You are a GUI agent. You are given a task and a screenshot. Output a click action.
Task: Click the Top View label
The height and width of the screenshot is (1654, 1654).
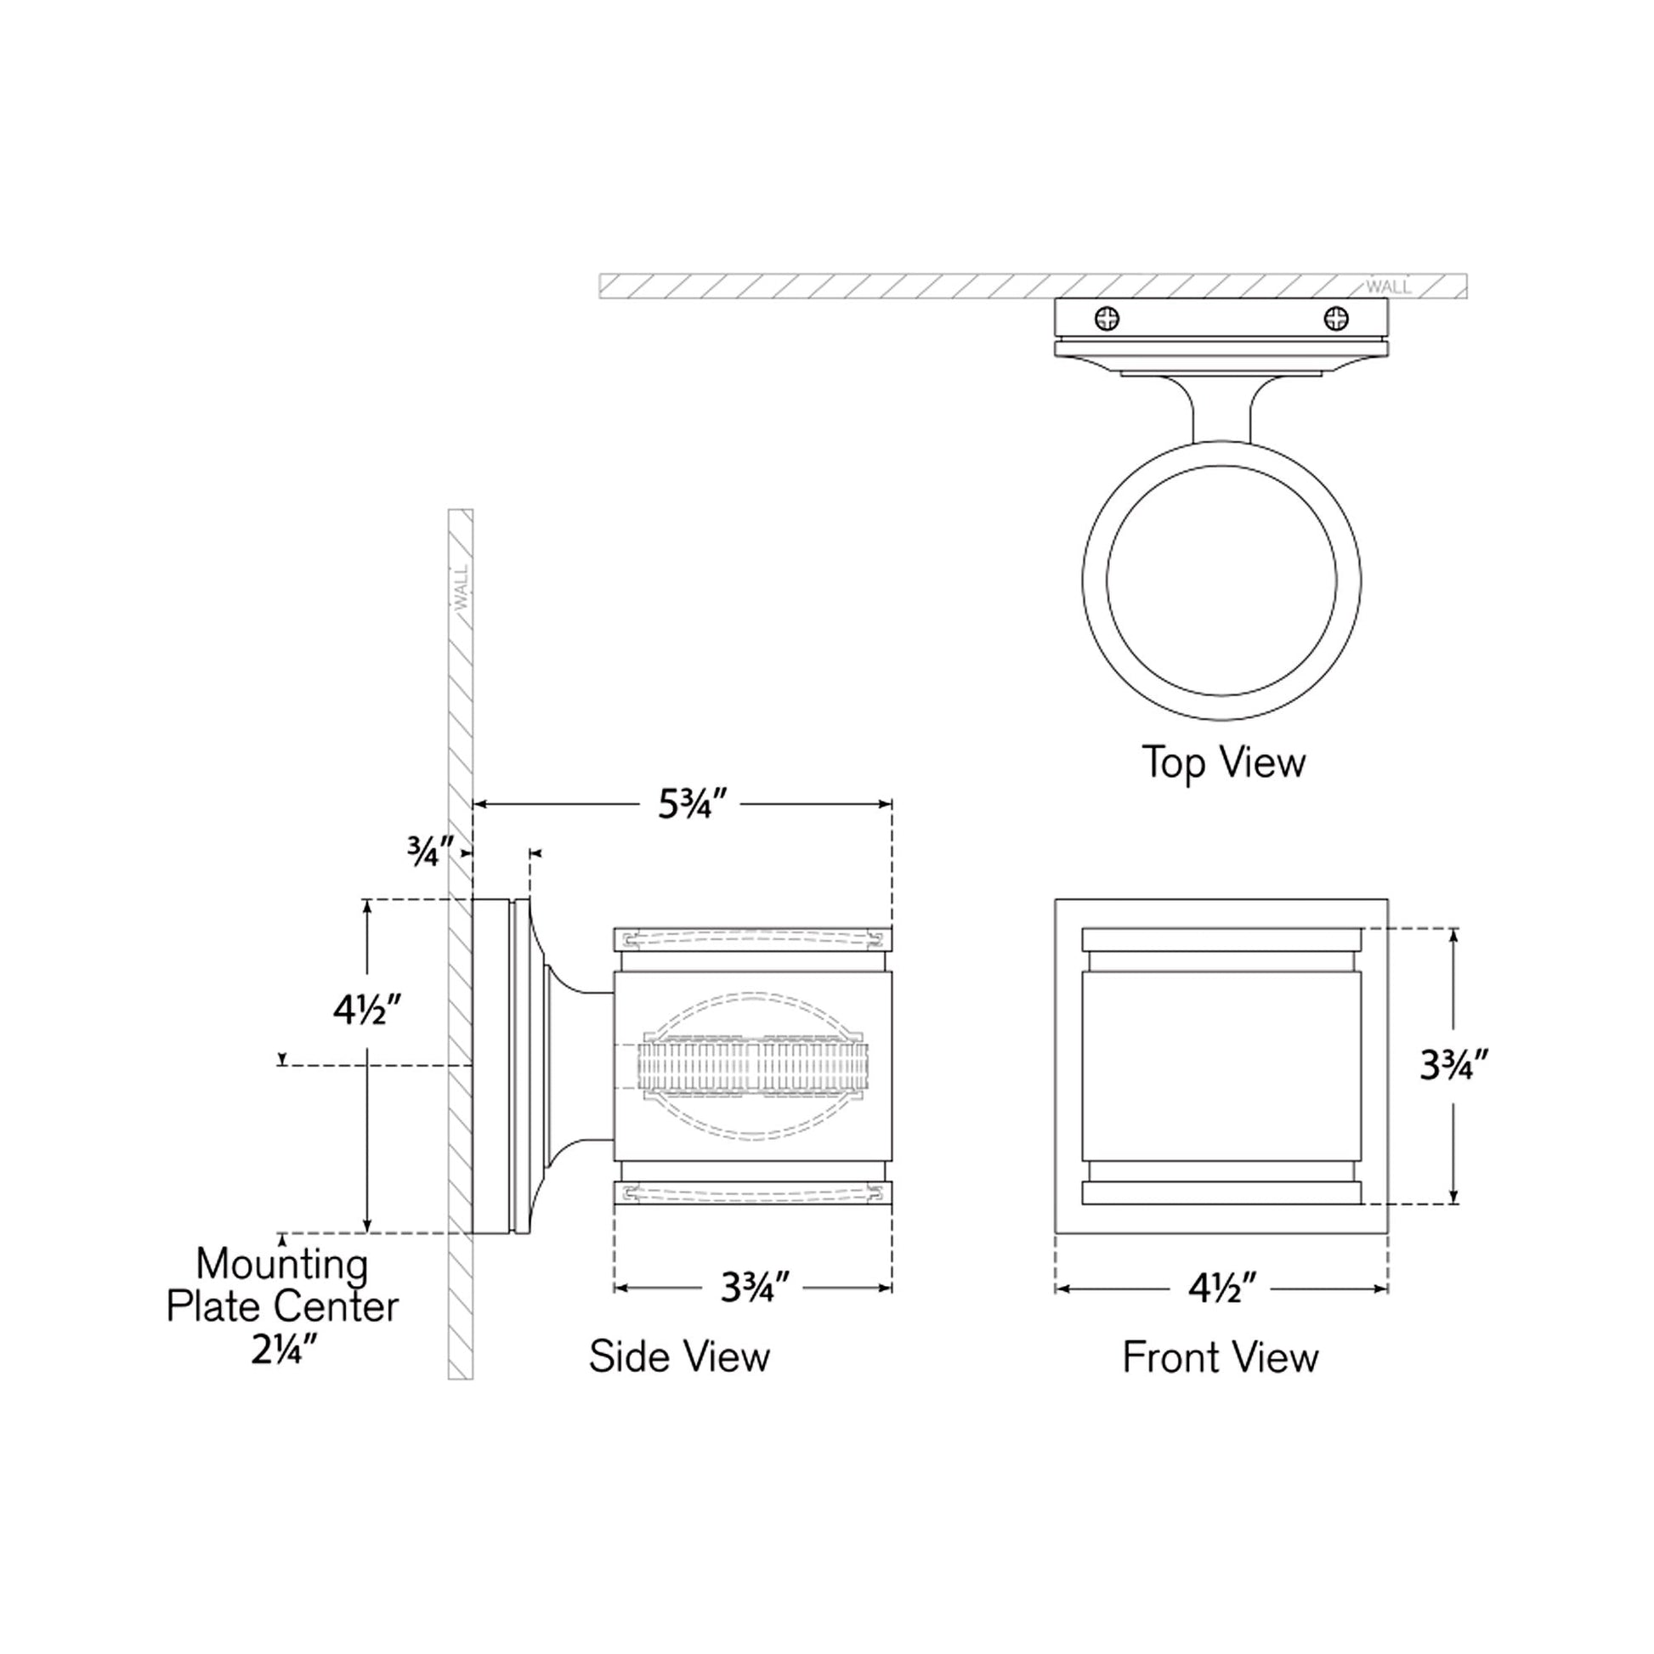coord(1223,762)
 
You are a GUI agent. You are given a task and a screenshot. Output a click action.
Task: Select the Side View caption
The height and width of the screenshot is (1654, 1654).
coord(679,1357)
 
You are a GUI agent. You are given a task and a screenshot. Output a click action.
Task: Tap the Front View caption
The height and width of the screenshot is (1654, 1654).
coord(1220,1357)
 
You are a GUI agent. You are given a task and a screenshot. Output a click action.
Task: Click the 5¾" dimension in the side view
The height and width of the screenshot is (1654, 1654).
coord(693,804)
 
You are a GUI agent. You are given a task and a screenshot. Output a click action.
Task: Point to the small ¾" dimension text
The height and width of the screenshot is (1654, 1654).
coord(431,852)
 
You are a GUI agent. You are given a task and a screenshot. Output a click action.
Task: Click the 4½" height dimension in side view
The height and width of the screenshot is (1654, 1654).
coord(367,1011)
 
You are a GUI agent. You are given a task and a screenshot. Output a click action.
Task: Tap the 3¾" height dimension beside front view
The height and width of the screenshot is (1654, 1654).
coord(1454,1066)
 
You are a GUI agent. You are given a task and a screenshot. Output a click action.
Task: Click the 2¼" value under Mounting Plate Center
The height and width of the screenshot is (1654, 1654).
coord(281,1350)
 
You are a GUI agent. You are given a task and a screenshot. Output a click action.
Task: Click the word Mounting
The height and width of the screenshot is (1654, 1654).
coord(282,1264)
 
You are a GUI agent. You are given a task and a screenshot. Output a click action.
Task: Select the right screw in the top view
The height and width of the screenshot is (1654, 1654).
coord(1335,320)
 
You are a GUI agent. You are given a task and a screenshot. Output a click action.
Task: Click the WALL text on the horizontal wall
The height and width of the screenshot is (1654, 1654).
coord(1388,286)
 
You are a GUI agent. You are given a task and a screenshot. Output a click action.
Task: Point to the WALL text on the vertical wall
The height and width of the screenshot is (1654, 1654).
coord(462,587)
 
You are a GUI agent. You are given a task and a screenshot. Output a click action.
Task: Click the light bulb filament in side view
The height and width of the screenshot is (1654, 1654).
coord(753,1067)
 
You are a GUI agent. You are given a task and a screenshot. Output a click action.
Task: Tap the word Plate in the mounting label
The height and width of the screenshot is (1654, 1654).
coord(217,1307)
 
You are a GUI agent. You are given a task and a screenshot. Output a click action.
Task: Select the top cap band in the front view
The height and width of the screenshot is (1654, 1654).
coord(1221,939)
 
